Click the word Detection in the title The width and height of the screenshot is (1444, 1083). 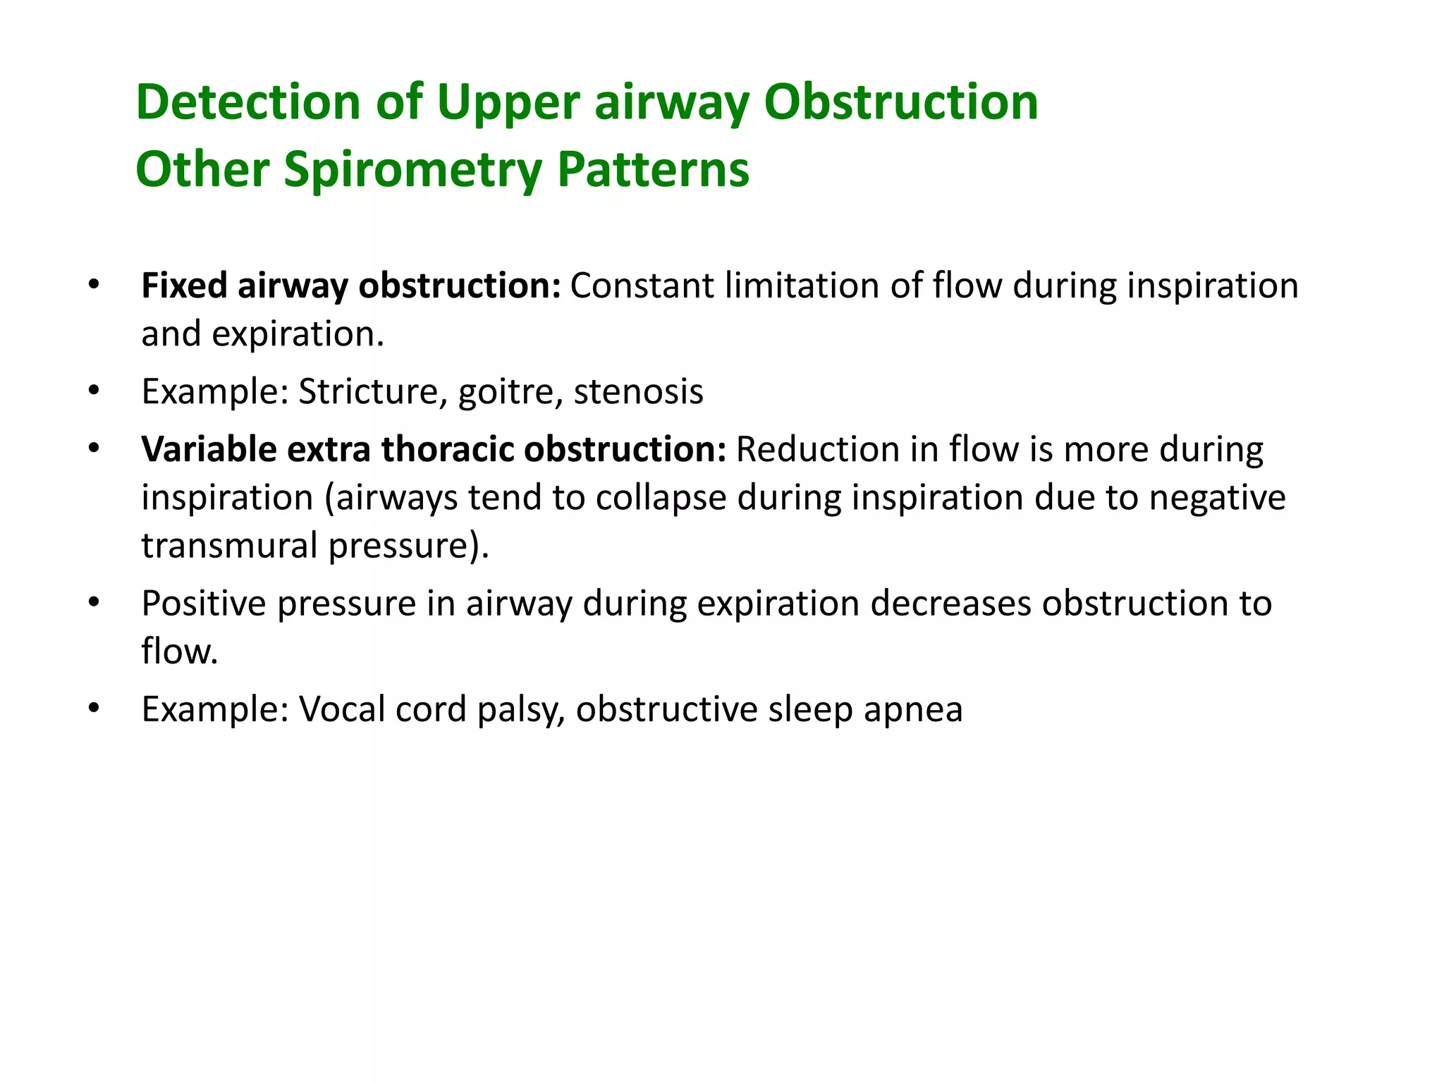click(x=248, y=102)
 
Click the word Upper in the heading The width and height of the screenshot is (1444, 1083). click(x=508, y=104)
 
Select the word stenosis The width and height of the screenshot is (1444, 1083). click(x=638, y=391)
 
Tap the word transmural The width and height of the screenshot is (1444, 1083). click(x=229, y=545)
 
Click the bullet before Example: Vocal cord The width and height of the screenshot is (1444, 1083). click(x=94, y=708)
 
